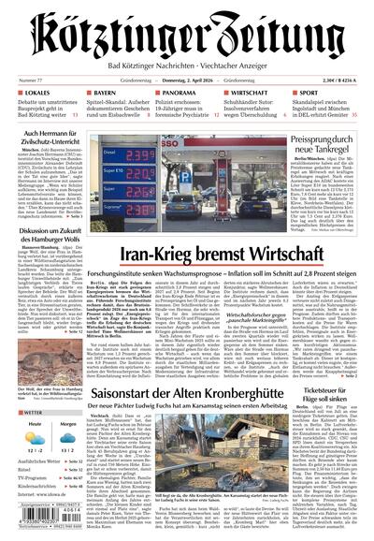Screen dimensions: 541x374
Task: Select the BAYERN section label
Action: (105, 94)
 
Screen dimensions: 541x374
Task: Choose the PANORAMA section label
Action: (179, 94)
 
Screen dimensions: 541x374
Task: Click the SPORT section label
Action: (309, 94)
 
